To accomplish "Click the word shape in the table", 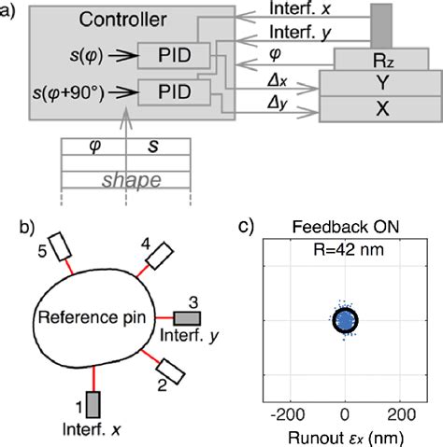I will click(x=124, y=182).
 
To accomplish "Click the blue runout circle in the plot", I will click(x=345, y=319).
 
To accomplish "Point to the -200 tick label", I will click(x=287, y=412).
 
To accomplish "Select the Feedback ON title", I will click(x=345, y=228).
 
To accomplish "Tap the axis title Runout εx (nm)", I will click(x=345, y=434).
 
